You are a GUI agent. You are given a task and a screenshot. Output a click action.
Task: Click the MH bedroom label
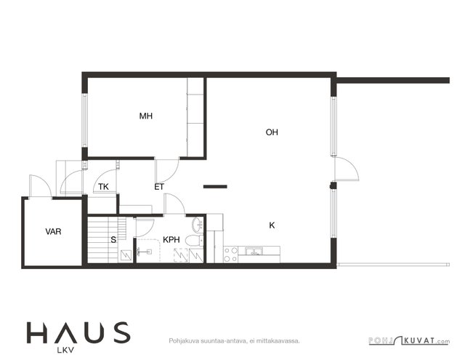click(146, 116)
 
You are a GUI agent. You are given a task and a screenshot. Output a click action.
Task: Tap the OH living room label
click(272, 132)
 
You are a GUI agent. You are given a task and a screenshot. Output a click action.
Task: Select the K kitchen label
click(272, 225)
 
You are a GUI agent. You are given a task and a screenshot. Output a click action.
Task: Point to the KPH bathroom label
click(171, 240)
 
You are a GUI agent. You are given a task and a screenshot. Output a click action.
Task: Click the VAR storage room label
click(53, 231)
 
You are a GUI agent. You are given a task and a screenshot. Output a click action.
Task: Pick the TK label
click(103, 187)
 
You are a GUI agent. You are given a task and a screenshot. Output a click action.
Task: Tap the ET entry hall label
click(159, 187)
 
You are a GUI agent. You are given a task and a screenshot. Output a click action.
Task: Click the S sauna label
click(113, 240)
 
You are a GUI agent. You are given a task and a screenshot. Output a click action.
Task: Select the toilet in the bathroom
click(194, 240)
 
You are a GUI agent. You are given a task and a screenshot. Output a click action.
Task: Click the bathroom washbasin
click(198, 225)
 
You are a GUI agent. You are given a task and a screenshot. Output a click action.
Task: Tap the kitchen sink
click(254, 252)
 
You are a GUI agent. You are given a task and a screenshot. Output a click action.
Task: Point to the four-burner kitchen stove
click(231, 255)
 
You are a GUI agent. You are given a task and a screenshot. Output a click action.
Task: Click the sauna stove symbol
click(126, 255)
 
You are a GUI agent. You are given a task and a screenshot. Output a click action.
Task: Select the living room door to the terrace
click(347, 169)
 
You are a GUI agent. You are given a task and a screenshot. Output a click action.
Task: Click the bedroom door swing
click(167, 171)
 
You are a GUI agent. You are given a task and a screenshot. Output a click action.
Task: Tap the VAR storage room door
click(41, 186)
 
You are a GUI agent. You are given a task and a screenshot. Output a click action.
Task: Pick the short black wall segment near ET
click(215, 187)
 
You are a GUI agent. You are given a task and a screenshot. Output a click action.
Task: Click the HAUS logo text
click(78, 333)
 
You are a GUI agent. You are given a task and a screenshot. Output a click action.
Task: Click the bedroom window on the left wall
click(84, 120)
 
